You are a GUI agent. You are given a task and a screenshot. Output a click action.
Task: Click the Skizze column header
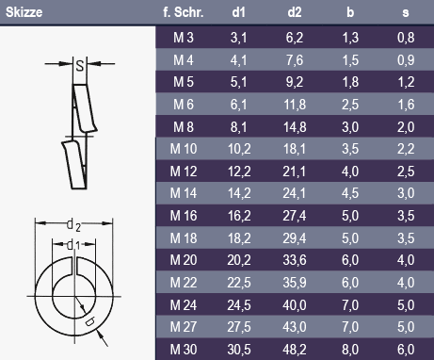[24, 12]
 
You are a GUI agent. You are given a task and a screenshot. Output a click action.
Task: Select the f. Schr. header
[184, 12]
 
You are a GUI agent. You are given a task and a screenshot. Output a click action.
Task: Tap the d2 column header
[295, 12]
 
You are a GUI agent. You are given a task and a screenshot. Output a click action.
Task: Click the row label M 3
[184, 38]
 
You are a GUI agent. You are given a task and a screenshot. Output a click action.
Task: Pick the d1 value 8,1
[238, 127]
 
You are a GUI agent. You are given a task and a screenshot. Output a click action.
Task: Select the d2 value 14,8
[295, 127]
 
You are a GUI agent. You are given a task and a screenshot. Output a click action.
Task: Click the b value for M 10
[350, 149]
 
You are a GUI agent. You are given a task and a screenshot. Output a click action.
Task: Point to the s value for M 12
[406, 172]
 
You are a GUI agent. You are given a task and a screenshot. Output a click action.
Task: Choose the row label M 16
[184, 216]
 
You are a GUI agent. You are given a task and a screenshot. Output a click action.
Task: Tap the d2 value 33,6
[295, 260]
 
